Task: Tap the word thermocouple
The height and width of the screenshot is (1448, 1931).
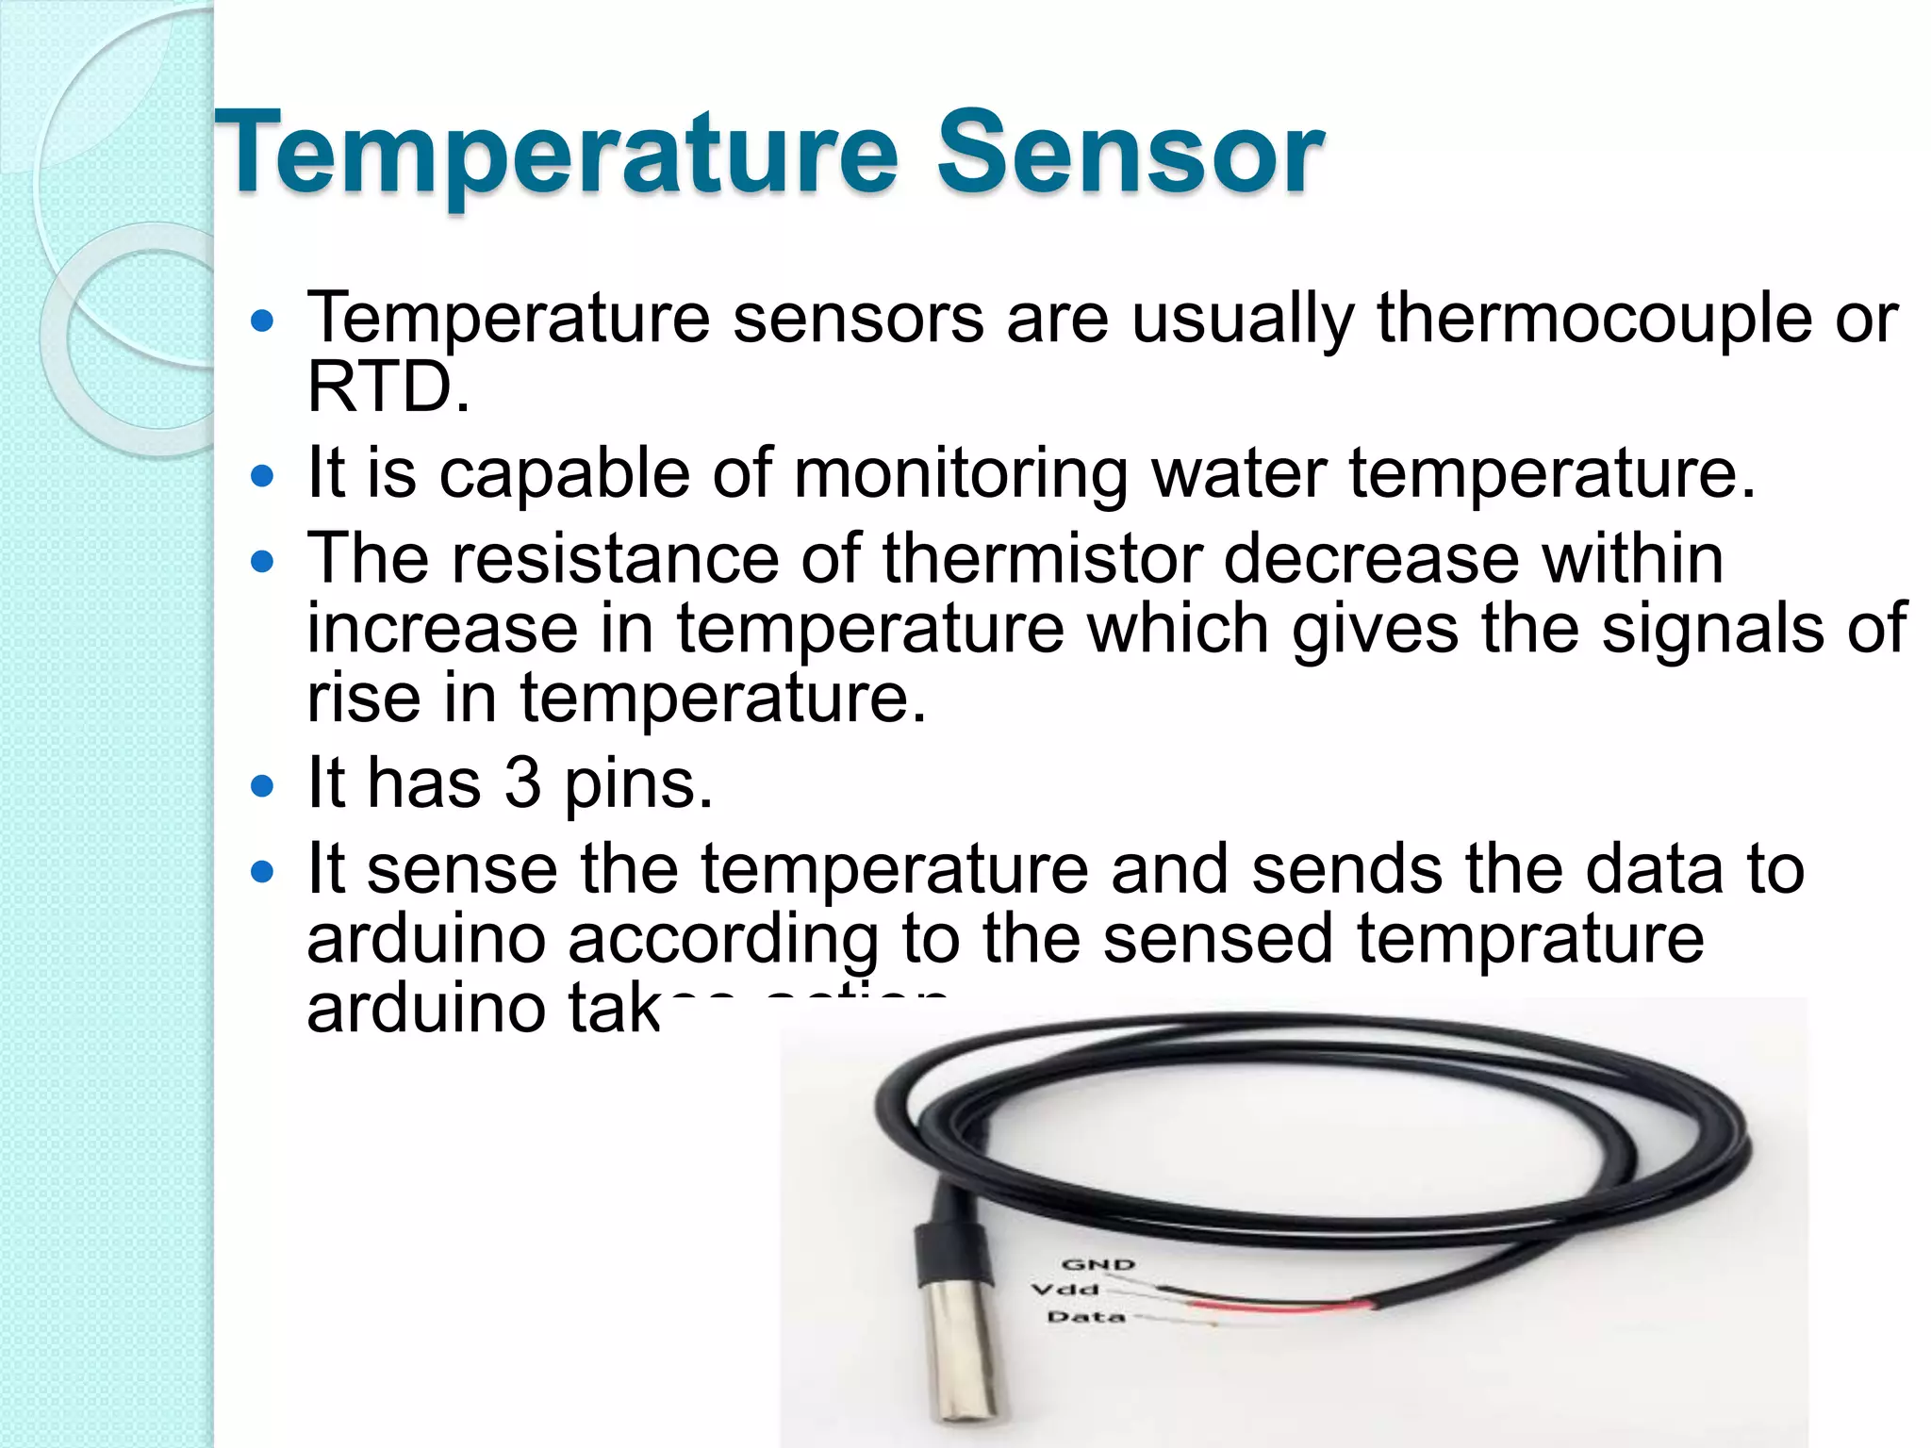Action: click(1593, 318)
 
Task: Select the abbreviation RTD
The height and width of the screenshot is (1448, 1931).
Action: click(387, 387)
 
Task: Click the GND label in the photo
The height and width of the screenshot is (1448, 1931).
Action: click(1098, 1265)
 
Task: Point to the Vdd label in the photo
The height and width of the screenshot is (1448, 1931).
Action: click(1065, 1289)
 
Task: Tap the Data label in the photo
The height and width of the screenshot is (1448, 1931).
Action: click(1086, 1316)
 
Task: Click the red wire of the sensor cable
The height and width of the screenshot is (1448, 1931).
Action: click(1282, 1306)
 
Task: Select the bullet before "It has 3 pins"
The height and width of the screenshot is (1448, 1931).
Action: click(262, 785)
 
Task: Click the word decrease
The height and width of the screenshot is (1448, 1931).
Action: click(1371, 558)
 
